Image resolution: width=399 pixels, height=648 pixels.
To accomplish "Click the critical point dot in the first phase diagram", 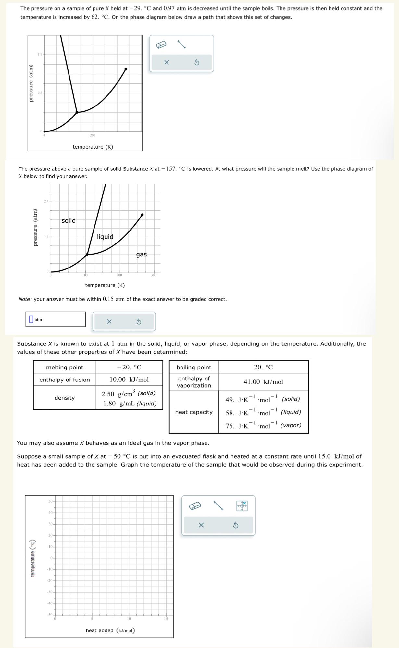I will click(x=126, y=69).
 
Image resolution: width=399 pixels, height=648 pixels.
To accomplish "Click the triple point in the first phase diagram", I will click(x=77, y=112).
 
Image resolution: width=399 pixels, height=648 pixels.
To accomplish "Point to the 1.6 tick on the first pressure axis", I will click(x=40, y=54).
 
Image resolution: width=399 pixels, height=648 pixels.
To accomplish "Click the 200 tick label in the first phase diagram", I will click(x=93, y=135).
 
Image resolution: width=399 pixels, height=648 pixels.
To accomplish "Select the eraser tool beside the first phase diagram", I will click(x=161, y=44).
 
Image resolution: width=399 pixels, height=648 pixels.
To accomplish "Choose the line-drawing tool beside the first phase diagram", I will click(x=181, y=44).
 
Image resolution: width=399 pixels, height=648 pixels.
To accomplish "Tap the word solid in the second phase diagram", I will click(x=69, y=221).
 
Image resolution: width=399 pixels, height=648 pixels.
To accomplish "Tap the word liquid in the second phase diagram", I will click(x=105, y=237).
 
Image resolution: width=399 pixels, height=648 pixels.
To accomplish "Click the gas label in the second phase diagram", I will click(x=141, y=255).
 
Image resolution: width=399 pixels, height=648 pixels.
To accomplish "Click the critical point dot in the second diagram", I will click(x=142, y=215).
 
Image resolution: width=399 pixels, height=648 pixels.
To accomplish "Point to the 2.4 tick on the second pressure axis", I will click(x=46, y=201).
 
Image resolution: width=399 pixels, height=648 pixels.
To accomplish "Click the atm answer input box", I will click(x=56, y=319).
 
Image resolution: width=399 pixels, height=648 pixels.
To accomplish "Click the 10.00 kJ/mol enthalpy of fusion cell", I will click(x=129, y=380).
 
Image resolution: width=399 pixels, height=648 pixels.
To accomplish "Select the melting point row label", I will click(x=65, y=367).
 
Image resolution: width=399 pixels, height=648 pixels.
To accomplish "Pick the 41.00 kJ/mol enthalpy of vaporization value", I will click(x=263, y=382).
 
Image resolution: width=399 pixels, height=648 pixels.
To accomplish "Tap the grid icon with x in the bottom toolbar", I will click(x=242, y=506).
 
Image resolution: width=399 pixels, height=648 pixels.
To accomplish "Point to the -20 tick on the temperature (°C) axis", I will click(x=50, y=580).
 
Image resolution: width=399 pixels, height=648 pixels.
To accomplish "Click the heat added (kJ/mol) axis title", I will click(x=110, y=630).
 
